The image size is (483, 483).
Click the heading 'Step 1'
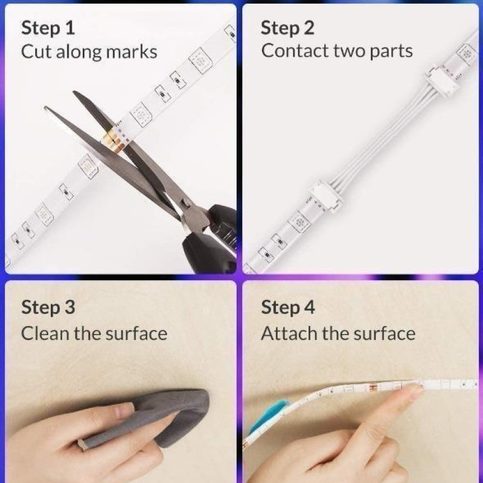(x=48, y=28)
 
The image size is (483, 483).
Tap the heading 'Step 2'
(x=287, y=28)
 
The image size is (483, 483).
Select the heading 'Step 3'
(x=48, y=307)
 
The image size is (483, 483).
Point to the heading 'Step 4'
(x=288, y=307)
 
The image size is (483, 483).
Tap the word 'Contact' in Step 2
(x=295, y=51)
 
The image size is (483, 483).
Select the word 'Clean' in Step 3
(x=45, y=333)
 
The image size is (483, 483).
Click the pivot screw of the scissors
(x=185, y=203)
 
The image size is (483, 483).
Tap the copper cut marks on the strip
(x=112, y=142)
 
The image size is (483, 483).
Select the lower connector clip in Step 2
(x=327, y=194)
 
